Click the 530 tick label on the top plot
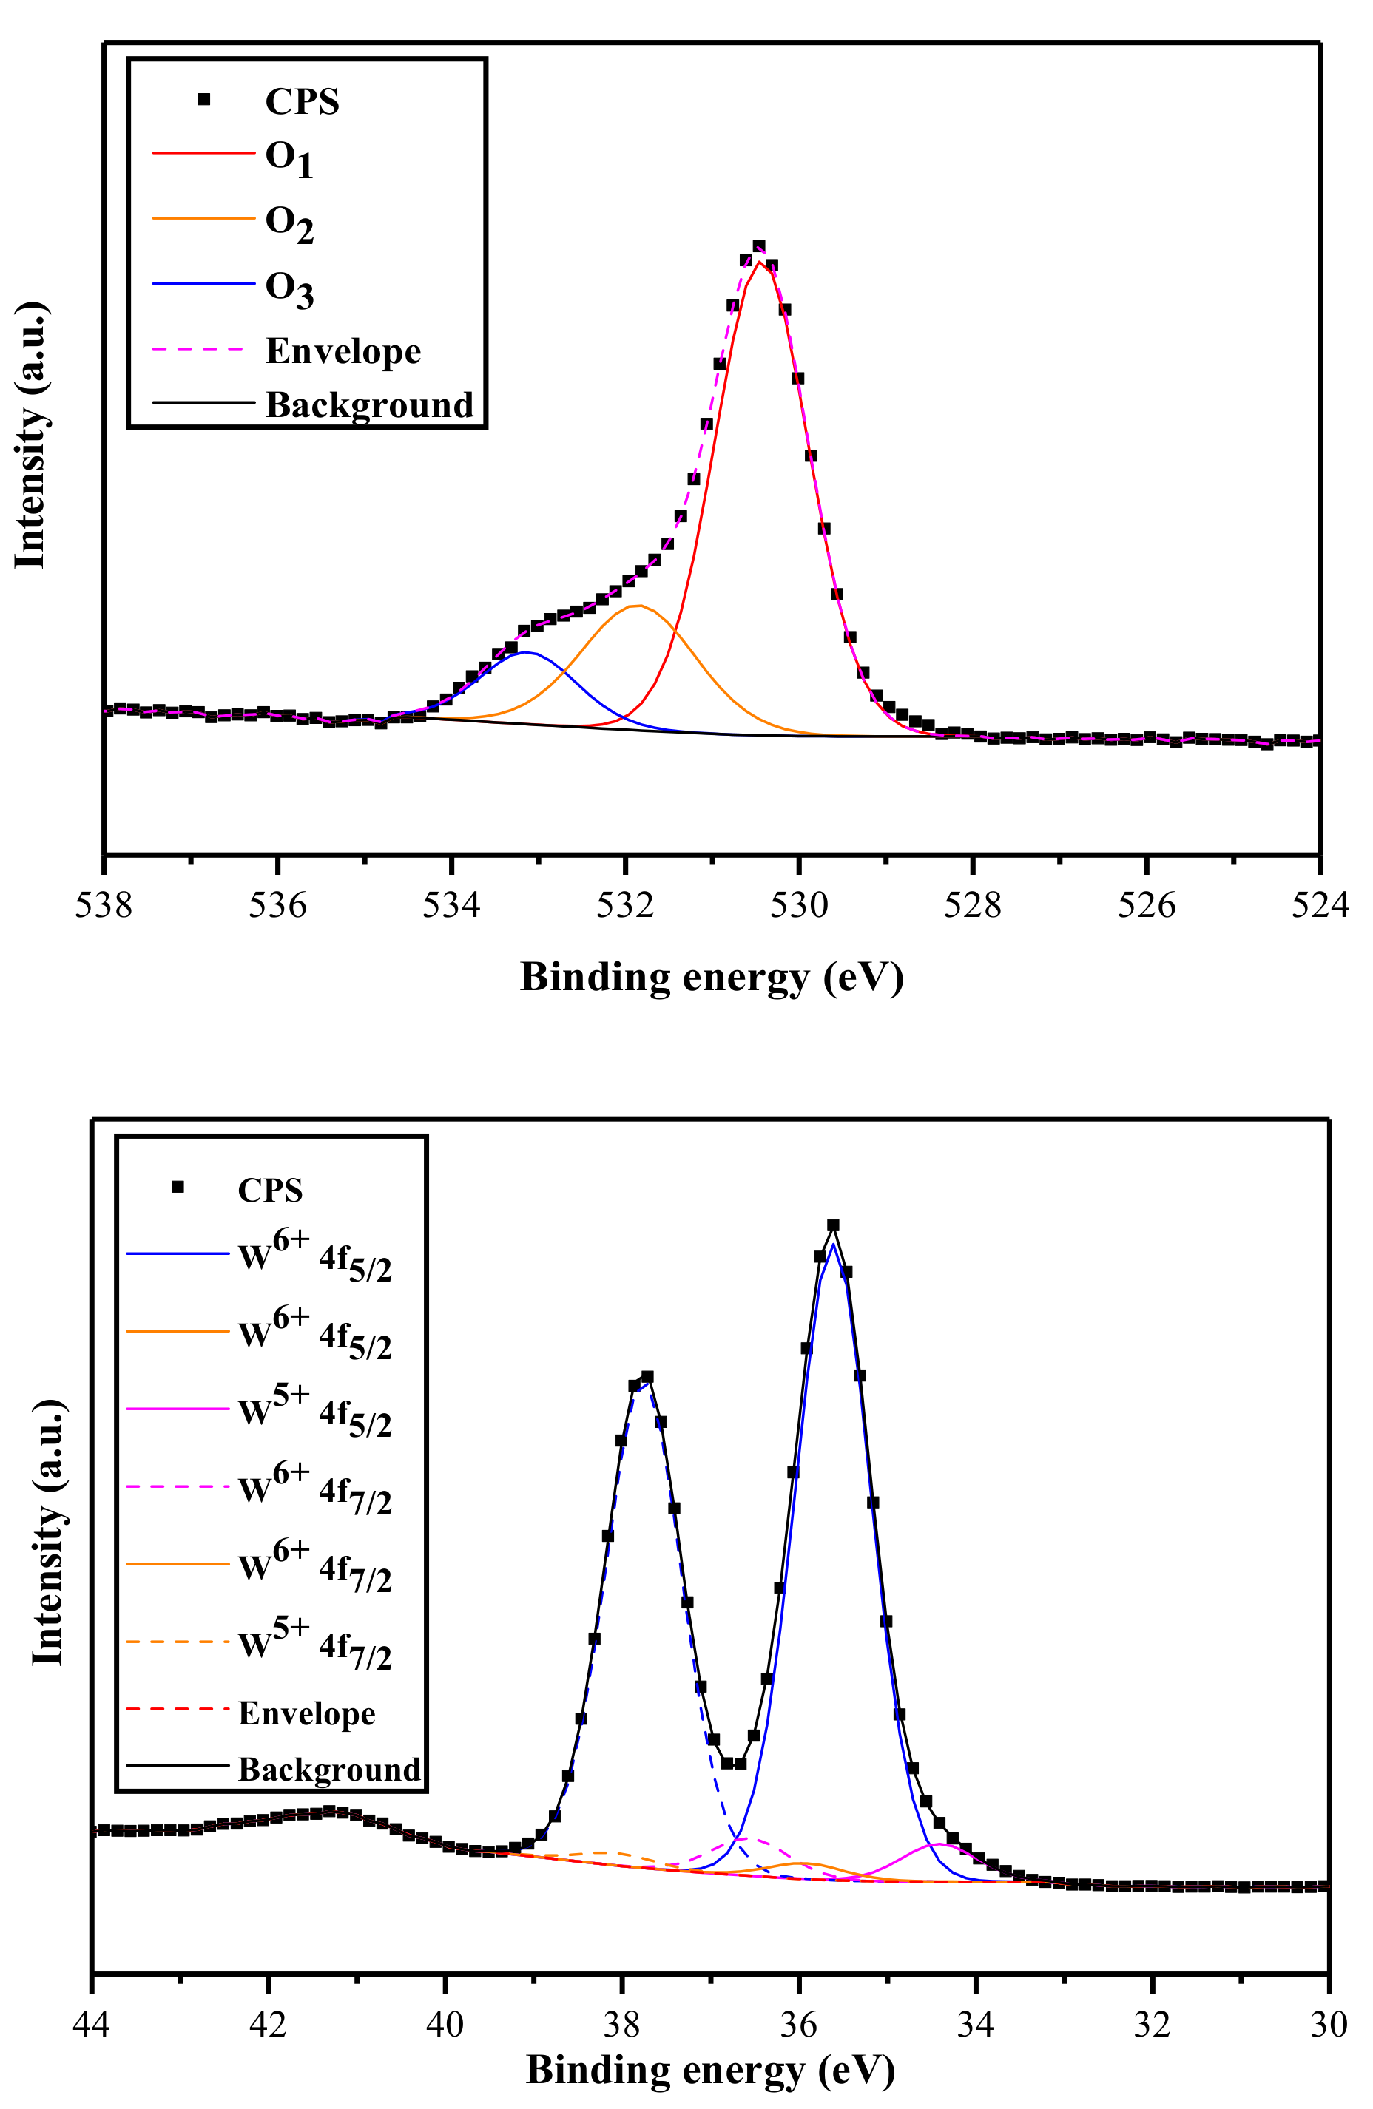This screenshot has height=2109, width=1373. pyautogui.click(x=799, y=906)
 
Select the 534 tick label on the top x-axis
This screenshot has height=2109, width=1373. pyautogui.click(x=451, y=906)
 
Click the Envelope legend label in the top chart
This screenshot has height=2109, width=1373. pyautogui.click(x=343, y=351)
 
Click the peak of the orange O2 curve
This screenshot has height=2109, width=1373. pyautogui.click(x=636, y=606)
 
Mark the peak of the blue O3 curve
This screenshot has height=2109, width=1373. pyautogui.click(x=526, y=652)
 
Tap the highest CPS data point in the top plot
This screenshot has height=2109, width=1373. pyautogui.click(x=759, y=247)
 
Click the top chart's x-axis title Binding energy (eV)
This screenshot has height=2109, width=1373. pyautogui.click(x=711, y=978)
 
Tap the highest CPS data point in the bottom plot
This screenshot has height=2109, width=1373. pyautogui.click(x=832, y=1225)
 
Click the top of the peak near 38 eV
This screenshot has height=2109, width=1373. pyautogui.click(x=647, y=1377)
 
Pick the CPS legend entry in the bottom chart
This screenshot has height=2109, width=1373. pyautogui.click(x=269, y=1190)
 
